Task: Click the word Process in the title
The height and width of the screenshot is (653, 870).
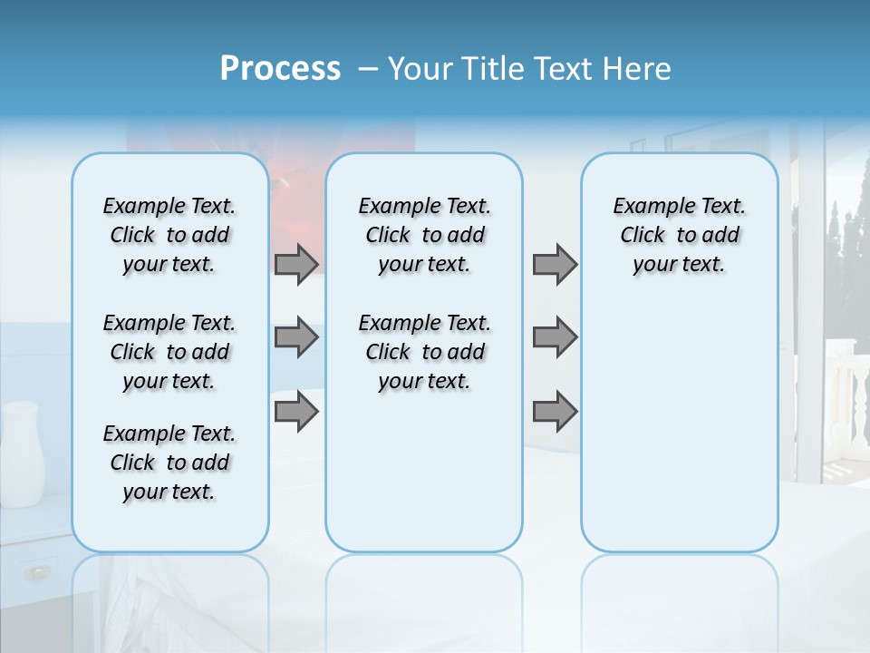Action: click(280, 69)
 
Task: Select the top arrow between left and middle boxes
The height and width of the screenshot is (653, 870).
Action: click(296, 264)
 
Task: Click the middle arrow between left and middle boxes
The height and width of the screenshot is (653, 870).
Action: click(296, 337)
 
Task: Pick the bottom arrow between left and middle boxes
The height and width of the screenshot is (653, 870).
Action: click(296, 412)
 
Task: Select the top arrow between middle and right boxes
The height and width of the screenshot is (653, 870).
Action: click(555, 264)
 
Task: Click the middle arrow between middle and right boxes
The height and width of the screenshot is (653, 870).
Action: click(555, 337)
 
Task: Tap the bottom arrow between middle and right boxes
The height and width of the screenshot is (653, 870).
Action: click(555, 412)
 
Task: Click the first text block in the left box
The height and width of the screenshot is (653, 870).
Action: click(169, 235)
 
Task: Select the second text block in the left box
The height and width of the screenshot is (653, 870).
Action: click(169, 352)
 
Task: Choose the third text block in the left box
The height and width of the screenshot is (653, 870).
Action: click(169, 463)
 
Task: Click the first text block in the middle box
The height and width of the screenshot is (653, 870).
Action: click(424, 235)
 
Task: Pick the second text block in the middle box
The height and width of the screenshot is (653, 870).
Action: click(424, 352)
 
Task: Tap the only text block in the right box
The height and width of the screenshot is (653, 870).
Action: click(679, 235)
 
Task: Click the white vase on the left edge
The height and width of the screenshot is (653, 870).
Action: click(23, 453)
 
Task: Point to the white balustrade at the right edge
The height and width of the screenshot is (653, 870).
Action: click(846, 399)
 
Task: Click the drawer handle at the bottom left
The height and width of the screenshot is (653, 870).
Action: click(37, 571)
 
